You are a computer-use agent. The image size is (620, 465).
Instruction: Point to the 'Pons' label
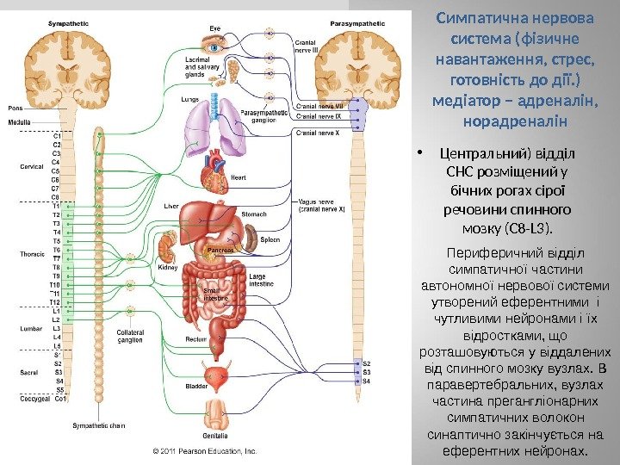(x=16, y=108)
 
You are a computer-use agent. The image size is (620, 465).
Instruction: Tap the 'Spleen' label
(x=270, y=239)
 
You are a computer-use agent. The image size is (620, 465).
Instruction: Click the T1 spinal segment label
(x=56, y=206)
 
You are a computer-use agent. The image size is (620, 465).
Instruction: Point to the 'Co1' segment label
(x=60, y=399)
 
